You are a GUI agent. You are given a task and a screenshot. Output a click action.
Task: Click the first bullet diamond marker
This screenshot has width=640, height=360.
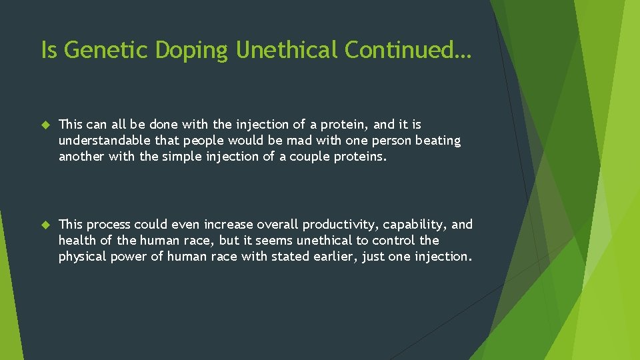tap(45, 125)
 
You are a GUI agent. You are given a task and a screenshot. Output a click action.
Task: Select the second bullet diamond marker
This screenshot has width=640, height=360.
tap(45, 225)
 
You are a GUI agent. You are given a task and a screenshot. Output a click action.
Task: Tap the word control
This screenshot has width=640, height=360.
tap(394, 240)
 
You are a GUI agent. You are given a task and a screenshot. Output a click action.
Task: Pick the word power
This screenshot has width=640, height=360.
tap(131, 256)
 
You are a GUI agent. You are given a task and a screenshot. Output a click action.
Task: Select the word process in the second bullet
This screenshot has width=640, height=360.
tap(108, 225)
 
